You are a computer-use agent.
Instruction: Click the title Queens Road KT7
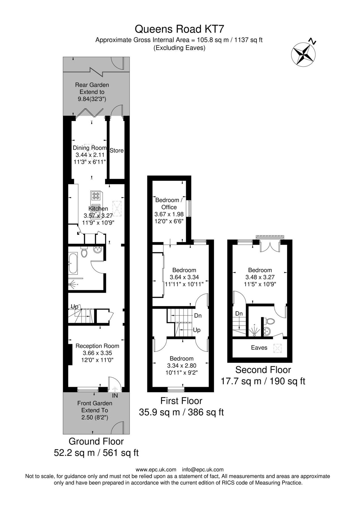tap(180, 29)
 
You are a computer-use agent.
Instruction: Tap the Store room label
tap(116, 150)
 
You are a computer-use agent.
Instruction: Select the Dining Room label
tap(90, 148)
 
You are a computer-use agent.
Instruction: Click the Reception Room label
tap(97, 346)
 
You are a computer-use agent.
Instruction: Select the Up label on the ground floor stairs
tap(74, 307)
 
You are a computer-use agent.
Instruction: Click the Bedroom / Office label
tap(169, 204)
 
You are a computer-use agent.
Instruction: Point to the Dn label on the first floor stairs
tap(198, 316)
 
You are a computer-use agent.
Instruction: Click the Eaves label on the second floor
tap(259, 348)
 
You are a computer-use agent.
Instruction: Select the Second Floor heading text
tap(263, 370)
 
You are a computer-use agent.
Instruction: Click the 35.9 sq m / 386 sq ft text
tap(181, 412)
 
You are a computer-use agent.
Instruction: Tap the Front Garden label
tap(95, 403)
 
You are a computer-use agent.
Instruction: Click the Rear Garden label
tap(92, 85)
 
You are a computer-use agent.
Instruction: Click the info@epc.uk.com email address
tap(203, 470)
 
